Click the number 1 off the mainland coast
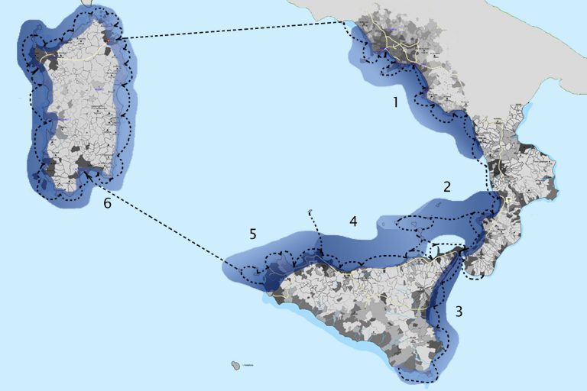pyautogui.click(x=396, y=102)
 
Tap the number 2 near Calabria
pyautogui.click(x=447, y=186)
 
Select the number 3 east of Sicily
pyautogui.click(x=459, y=311)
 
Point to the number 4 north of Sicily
pyautogui.click(x=352, y=221)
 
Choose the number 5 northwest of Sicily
pyautogui.click(x=253, y=234)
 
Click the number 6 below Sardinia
pyautogui.click(x=107, y=204)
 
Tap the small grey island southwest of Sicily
pyautogui.click(x=233, y=366)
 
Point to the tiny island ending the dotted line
pyautogui.click(x=309, y=212)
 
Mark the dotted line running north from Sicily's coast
pyautogui.click(x=315, y=233)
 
